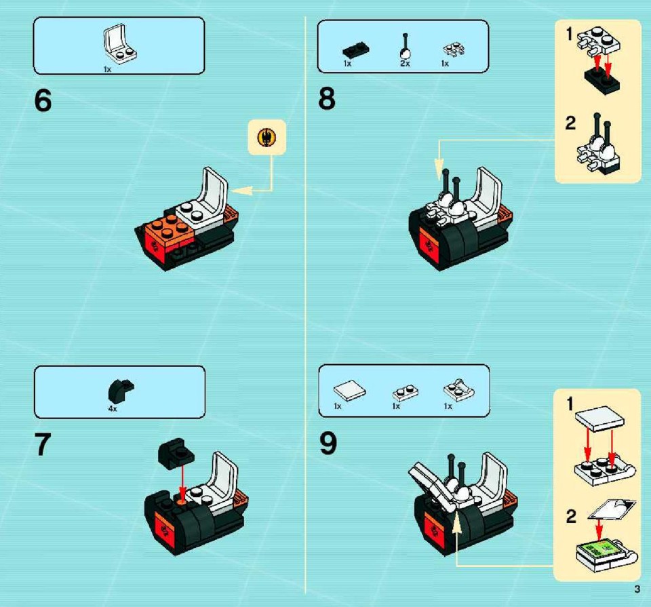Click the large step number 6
43,100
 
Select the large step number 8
327,99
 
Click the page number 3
637,589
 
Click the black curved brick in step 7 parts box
121,391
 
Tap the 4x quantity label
113,409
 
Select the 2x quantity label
406,64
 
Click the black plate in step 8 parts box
356,50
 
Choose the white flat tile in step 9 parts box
350,391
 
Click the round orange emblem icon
267,138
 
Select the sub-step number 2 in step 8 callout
571,123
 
